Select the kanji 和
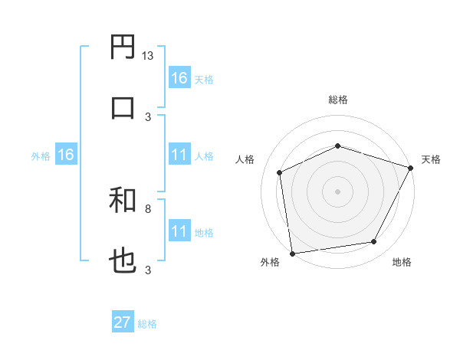(x=123, y=201)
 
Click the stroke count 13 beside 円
(x=147, y=57)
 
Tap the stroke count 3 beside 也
(x=148, y=269)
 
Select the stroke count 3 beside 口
(x=148, y=116)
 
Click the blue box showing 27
(x=123, y=322)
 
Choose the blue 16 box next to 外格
(x=66, y=155)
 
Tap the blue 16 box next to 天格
(x=179, y=77)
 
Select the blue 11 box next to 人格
(x=179, y=155)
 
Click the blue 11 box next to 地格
(x=179, y=231)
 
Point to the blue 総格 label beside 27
(x=147, y=324)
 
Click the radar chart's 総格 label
(x=337, y=100)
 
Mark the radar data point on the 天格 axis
(x=412, y=167)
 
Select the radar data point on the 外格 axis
(x=292, y=253)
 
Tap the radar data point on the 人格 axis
(x=280, y=172)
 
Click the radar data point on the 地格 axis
(x=374, y=242)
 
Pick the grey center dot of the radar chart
(x=337, y=191)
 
